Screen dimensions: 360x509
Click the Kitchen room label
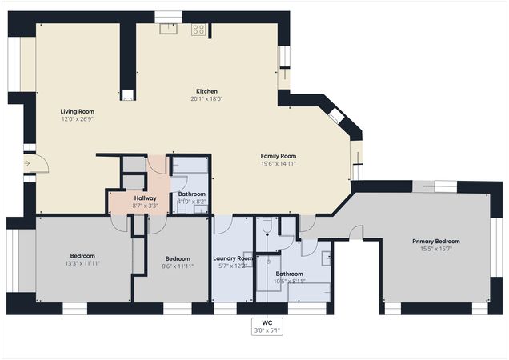point(206,91)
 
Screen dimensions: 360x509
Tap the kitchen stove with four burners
point(198,30)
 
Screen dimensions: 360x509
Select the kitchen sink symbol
point(169,29)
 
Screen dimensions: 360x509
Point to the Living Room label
point(78,111)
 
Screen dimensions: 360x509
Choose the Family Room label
point(279,156)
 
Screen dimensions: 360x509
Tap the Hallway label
point(145,198)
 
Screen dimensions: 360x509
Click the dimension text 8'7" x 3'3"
point(145,205)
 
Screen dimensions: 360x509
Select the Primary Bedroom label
point(437,241)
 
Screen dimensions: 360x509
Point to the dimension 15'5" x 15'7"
point(437,249)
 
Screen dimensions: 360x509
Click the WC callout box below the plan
point(267,326)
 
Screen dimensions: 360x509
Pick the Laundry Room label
point(233,258)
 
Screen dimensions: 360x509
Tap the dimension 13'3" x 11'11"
point(82,263)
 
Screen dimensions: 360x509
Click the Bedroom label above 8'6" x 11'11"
point(178,258)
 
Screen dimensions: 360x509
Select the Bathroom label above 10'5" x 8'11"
point(289,274)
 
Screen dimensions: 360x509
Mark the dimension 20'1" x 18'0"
point(206,99)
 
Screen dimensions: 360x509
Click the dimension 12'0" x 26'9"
point(78,118)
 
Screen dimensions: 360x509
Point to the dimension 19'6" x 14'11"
point(279,163)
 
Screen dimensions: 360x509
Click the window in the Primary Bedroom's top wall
point(435,187)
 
